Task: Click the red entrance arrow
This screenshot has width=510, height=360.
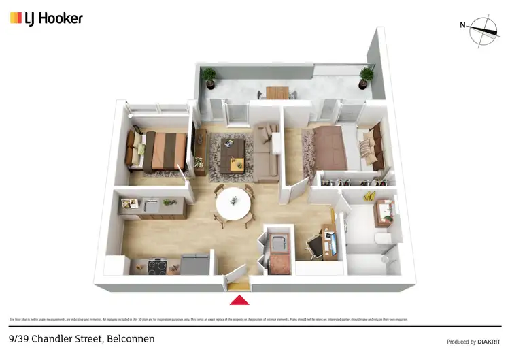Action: (239, 299)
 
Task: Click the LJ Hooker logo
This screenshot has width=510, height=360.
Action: (46, 18)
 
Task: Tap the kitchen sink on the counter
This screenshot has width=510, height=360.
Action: (150, 203)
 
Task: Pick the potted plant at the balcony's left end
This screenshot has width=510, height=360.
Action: (209, 76)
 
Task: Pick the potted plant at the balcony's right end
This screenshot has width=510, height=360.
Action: (367, 77)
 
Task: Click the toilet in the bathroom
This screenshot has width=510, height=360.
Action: (384, 239)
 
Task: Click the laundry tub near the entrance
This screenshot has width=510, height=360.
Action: (279, 242)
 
